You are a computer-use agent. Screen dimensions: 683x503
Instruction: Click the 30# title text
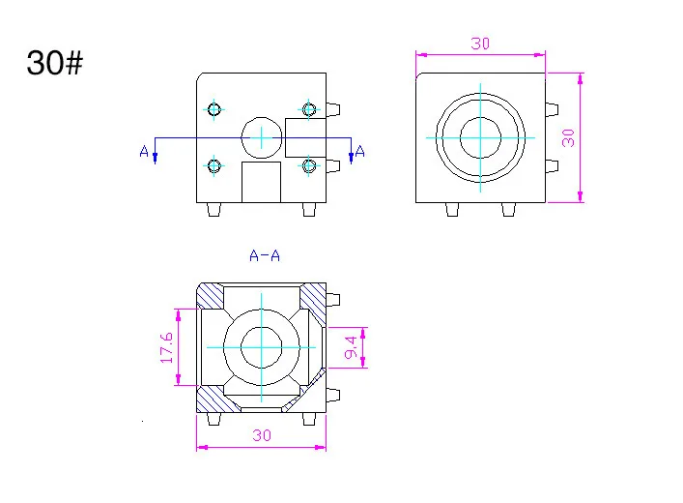point(54,63)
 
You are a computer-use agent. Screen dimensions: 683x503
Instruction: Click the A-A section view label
point(265,255)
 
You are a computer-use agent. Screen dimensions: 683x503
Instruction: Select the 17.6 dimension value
point(166,347)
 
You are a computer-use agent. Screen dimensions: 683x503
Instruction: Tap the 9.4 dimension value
point(351,347)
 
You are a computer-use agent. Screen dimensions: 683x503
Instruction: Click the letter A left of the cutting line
point(144,151)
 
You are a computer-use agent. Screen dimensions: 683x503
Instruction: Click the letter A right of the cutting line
point(359,151)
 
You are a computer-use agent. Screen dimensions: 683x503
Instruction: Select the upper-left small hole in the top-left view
point(213,109)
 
